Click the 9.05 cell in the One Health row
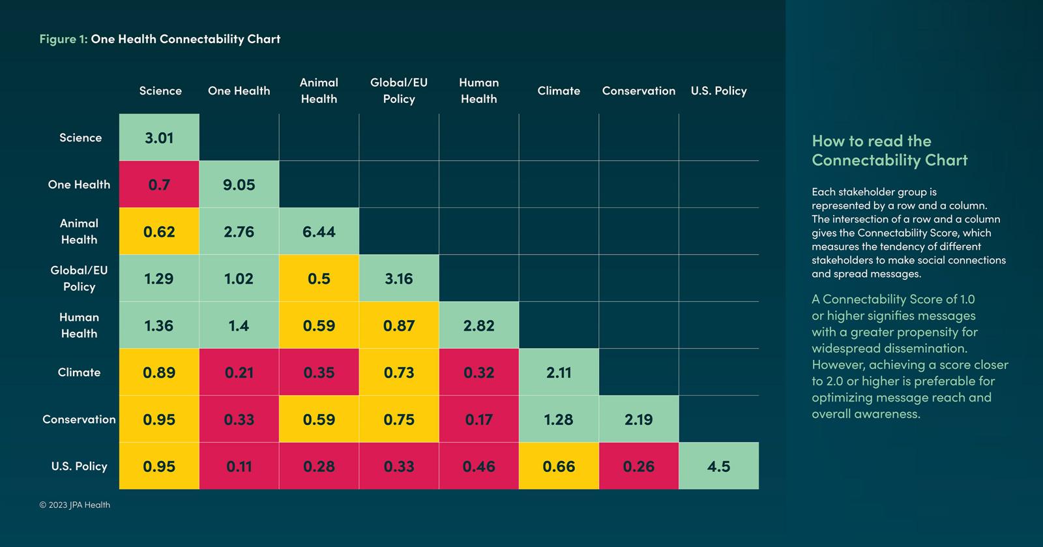[239, 185]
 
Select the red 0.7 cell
[159, 185]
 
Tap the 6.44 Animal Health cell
[319, 231]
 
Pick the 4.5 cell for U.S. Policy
[718, 466]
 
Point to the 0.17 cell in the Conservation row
[479, 419]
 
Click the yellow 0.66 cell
[559, 466]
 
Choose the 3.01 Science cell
[159, 138]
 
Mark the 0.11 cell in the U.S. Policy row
[239, 466]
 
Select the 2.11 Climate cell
[559, 372]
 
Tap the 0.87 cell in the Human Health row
[399, 325]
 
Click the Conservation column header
[639, 91]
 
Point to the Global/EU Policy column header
[399, 91]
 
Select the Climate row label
[79, 372]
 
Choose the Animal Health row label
[79, 231]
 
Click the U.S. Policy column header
[718, 91]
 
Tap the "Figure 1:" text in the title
[63, 39]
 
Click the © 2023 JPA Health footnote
[75, 505]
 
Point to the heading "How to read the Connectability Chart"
[889, 151]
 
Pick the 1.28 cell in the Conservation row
[559, 419]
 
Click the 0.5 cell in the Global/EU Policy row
[319, 278]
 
